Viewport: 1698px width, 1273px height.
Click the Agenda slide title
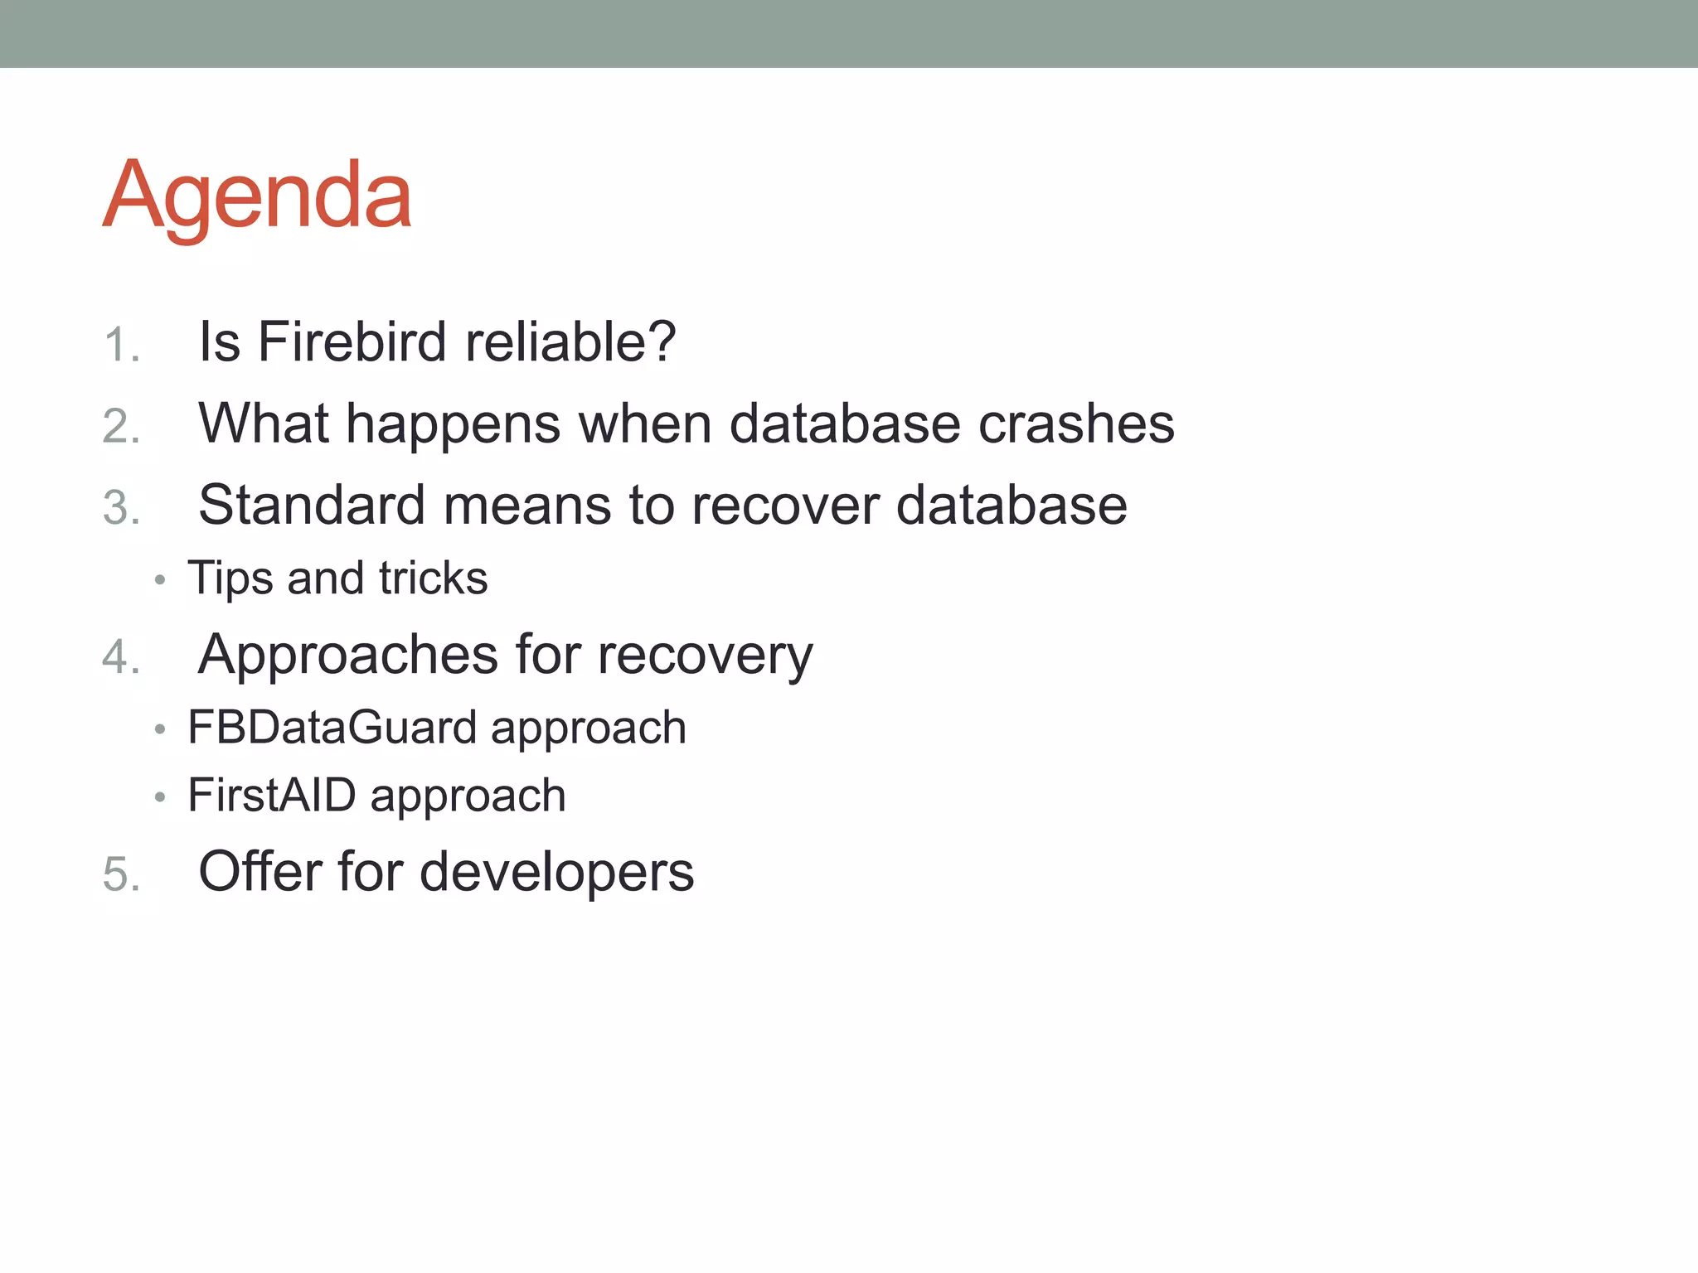click(257, 196)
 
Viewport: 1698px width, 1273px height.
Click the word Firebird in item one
click(352, 341)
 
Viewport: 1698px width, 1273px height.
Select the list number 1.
click(121, 345)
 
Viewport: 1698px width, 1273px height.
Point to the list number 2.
click(121, 427)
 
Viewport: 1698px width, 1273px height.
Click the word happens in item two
click(453, 424)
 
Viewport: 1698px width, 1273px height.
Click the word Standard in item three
click(312, 505)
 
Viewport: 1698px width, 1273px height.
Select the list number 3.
click(121, 507)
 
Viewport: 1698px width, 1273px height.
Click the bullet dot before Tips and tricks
click(160, 580)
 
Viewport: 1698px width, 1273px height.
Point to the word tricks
click(433, 578)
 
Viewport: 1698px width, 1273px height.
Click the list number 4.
click(121, 657)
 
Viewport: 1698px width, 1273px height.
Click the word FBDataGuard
click(332, 728)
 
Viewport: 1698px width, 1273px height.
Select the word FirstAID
click(271, 796)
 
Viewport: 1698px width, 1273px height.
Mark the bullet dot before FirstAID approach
click(160, 798)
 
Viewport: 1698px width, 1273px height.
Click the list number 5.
click(121, 874)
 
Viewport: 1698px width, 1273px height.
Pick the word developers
click(556, 873)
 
